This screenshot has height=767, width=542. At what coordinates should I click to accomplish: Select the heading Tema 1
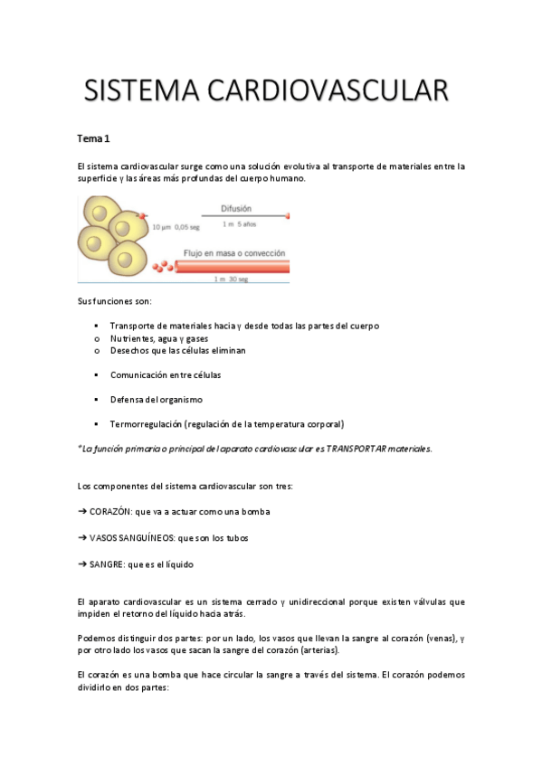93,138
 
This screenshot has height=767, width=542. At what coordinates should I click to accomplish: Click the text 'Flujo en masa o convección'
234,253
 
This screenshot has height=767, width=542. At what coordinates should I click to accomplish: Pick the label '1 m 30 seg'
233,279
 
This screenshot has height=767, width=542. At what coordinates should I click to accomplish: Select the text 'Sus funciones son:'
115,300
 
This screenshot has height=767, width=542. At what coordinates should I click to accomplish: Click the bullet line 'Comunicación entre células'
166,374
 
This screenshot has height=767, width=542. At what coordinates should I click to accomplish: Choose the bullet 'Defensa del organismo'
157,399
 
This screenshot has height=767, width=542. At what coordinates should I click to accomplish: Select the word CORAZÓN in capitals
109,511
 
